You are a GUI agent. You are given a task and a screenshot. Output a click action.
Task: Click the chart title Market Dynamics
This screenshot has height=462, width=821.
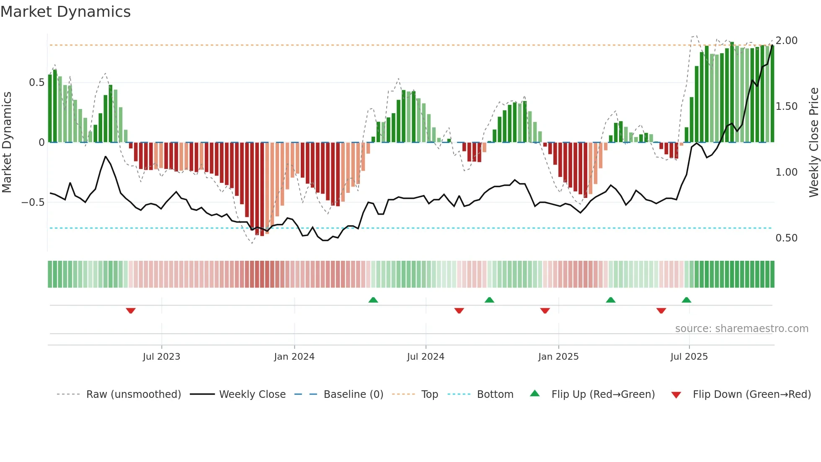pyautogui.click(x=65, y=12)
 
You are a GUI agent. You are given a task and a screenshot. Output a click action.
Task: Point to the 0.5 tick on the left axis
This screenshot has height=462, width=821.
pyautogui.click(x=36, y=83)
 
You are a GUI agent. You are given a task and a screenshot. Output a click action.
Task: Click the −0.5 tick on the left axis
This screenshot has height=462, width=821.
pyautogui.click(x=33, y=202)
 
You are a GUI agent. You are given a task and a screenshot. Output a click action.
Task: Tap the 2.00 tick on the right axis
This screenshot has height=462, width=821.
pyautogui.click(x=786, y=41)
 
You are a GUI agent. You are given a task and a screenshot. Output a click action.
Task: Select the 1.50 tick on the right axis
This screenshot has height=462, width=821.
pyautogui.click(x=786, y=106)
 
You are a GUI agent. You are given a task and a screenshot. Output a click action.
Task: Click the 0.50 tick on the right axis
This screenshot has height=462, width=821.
pyautogui.click(x=786, y=238)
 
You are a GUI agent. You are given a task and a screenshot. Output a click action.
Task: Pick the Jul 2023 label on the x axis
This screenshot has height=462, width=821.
pyautogui.click(x=161, y=357)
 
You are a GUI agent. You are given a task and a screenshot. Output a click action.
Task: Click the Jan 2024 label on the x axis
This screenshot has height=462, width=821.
pyautogui.click(x=294, y=357)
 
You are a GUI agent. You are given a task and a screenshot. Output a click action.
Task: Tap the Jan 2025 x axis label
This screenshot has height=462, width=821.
pyautogui.click(x=558, y=357)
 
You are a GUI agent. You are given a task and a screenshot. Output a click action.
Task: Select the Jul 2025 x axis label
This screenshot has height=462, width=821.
pyautogui.click(x=689, y=357)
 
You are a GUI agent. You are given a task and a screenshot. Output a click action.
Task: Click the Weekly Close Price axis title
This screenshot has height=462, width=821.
pyautogui.click(x=813, y=143)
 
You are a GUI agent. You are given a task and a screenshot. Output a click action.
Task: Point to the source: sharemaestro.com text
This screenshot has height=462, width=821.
pyautogui.click(x=741, y=329)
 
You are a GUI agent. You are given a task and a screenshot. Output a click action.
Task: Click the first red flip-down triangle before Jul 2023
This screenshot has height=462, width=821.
pyautogui.click(x=131, y=311)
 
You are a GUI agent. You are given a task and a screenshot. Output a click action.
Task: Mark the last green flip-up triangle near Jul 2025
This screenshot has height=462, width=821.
pyautogui.click(x=686, y=300)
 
